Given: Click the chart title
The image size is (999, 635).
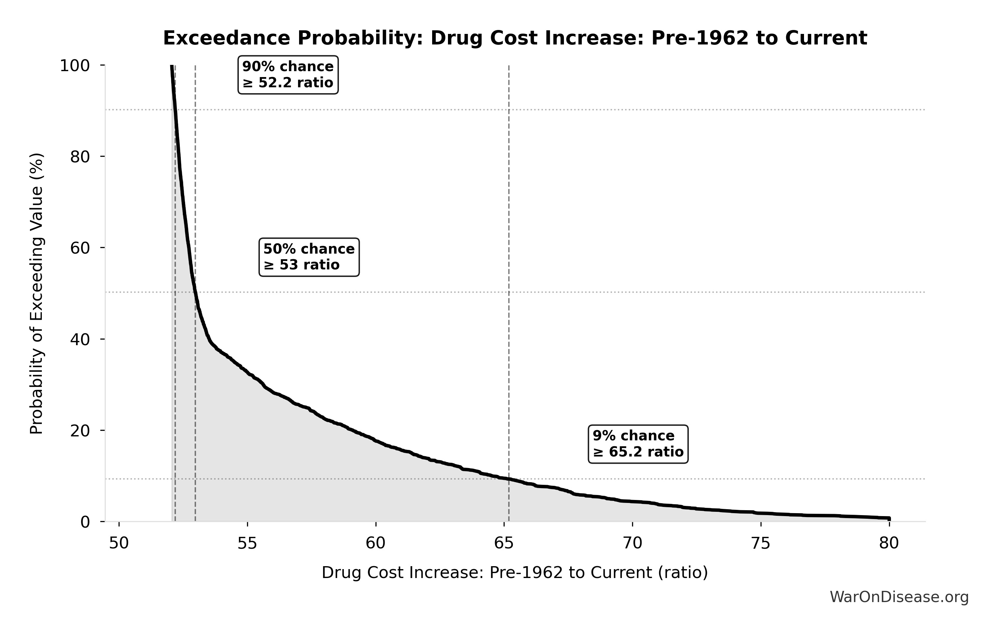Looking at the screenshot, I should [515, 38].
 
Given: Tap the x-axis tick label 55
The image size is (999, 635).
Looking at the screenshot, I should [247, 543].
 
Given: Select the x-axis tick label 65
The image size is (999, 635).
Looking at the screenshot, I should [504, 543].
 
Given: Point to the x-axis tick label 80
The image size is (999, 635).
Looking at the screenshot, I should [889, 543].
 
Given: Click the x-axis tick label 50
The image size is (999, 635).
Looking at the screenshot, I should [119, 543].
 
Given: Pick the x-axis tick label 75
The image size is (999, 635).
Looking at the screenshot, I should [761, 543].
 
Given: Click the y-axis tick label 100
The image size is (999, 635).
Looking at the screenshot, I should [75, 66].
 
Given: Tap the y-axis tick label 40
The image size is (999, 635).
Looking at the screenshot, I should [80, 339].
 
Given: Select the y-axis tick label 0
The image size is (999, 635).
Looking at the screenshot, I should [85, 522].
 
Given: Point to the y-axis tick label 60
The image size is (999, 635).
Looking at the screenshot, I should [80, 248].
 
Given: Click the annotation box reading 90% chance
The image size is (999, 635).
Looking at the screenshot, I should [288, 75].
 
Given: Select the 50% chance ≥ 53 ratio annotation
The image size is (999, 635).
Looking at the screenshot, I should [309, 257].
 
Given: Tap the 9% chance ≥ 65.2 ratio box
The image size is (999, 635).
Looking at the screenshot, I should [638, 444].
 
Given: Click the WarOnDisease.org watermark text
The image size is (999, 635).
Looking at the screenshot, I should [899, 597].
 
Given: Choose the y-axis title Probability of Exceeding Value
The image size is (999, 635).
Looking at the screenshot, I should [37, 294].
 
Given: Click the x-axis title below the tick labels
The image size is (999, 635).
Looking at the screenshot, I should [515, 573].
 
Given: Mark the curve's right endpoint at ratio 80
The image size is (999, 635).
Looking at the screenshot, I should [889, 518].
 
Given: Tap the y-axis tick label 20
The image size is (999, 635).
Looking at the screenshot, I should [80, 430].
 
